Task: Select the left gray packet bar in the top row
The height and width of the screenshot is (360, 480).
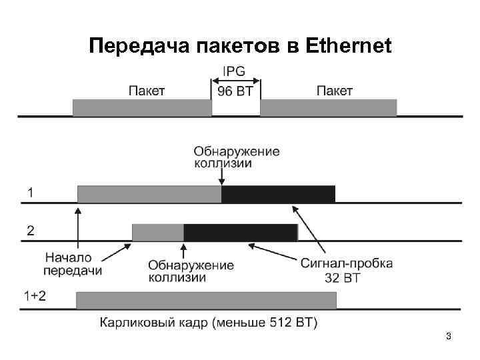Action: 142,107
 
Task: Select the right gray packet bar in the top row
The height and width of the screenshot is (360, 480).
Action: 328,107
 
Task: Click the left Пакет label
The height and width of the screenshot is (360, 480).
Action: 146,90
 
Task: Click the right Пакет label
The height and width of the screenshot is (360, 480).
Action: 334,90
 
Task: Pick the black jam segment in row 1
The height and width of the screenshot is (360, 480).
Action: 278,193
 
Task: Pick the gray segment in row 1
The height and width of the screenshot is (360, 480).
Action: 149,193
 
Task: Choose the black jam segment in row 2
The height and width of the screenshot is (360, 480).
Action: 240,232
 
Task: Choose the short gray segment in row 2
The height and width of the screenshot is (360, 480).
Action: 158,232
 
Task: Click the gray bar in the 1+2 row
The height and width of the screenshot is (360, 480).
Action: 207,300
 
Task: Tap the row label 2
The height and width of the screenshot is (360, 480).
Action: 30,231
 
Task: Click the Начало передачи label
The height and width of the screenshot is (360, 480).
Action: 73,264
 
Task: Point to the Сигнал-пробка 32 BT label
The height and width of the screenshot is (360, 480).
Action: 342,270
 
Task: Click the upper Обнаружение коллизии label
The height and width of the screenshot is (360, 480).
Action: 237,157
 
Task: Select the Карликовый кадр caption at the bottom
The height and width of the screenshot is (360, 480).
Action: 209,323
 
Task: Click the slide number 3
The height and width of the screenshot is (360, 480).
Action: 449,337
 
